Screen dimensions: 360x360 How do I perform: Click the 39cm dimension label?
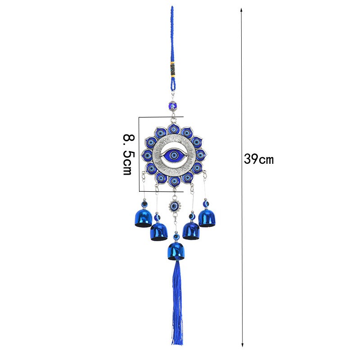click(x=259, y=159)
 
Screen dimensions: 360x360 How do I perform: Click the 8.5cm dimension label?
click(x=127, y=154)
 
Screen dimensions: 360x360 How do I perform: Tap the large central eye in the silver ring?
click(x=174, y=155)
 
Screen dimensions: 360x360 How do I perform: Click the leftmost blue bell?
click(x=143, y=218)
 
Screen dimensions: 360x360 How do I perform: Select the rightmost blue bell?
click(x=207, y=218)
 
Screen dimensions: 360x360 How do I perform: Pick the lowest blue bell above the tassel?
click(x=176, y=251)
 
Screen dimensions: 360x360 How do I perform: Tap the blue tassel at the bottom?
click(x=177, y=302)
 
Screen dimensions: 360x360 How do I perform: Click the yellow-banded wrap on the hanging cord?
click(x=173, y=69)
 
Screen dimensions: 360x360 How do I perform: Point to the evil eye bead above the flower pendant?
click(x=172, y=106)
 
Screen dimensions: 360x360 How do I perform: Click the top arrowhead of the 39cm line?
click(x=241, y=9)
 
